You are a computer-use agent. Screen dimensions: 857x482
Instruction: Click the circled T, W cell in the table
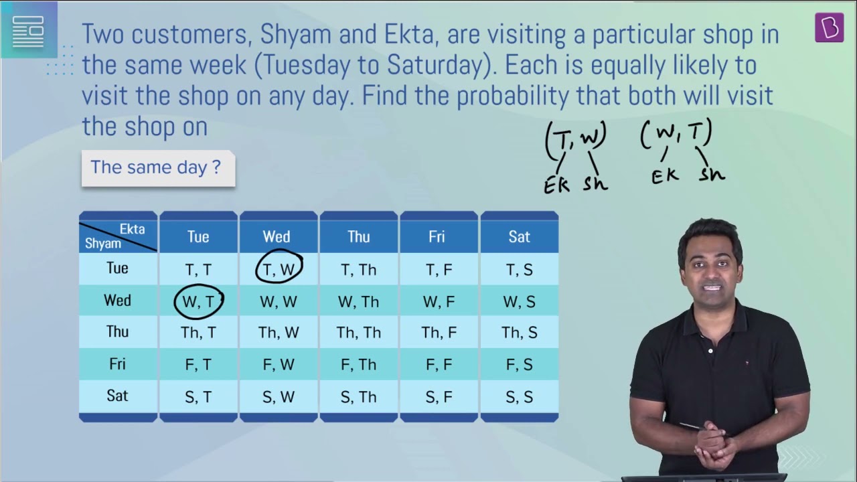(x=279, y=270)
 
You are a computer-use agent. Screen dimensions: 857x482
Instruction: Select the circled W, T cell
(x=199, y=301)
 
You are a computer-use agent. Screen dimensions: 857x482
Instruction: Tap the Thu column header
(x=358, y=236)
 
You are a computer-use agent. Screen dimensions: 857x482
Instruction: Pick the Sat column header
(x=519, y=236)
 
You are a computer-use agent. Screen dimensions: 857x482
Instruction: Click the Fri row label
(x=117, y=364)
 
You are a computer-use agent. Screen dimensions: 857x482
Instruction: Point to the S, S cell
(x=519, y=397)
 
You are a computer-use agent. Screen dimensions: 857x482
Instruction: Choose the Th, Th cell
(x=358, y=333)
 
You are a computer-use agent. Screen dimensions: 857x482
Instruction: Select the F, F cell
(x=439, y=364)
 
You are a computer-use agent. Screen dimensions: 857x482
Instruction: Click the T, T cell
(x=198, y=270)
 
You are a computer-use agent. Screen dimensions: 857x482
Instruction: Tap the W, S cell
(x=519, y=301)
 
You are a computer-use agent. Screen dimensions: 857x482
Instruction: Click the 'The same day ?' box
(x=159, y=168)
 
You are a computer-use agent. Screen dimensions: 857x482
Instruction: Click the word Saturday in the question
(x=436, y=65)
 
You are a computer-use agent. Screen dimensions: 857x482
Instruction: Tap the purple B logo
(x=829, y=27)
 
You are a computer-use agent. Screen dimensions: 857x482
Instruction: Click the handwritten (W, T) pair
(x=676, y=133)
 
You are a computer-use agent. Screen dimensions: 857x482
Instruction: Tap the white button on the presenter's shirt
(x=710, y=351)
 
